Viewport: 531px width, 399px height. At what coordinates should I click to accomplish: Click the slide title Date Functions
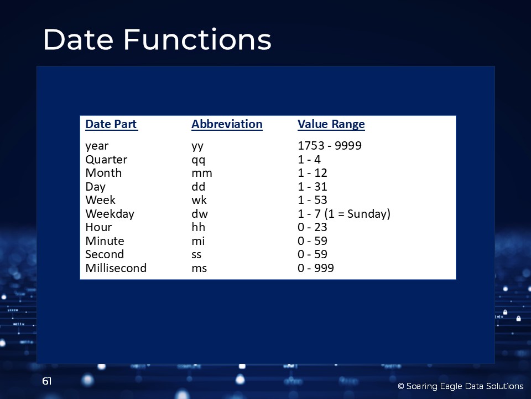pyautogui.click(x=157, y=39)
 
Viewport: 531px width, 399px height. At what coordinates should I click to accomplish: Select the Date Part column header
pyautogui.click(x=111, y=124)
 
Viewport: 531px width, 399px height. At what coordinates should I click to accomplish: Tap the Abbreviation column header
pyautogui.click(x=227, y=124)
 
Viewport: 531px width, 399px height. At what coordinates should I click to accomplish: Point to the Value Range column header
pyautogui.click(x=331, y=125)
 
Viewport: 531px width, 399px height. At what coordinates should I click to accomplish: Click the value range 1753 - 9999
pyautogui.click(x=330, y=146)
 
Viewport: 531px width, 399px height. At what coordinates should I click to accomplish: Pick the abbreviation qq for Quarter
pyautogui.click(x=199, y=160)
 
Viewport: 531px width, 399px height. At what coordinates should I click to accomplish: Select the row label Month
pyautogui.click(x=103, y=173)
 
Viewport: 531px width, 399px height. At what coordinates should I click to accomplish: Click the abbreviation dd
pyautogui.click(x=199, y=186)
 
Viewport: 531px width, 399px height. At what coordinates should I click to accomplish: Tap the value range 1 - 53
pyautogui.click(x=312, y=200)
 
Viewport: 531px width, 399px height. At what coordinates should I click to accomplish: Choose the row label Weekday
pyautogui.click(x=110, y=214)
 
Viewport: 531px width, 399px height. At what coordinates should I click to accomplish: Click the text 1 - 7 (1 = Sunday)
pyautogui.click(x=344, y=214)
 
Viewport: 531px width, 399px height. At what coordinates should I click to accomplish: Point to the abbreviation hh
pyautogui.click(x=199, y=227)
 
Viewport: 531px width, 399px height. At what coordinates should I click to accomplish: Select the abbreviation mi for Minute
pyautogui.click(x=198, y=241)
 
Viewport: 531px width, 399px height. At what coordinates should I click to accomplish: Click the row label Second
pyautogui.click(x=105, y=254)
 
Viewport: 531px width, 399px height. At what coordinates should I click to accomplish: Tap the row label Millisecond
pyautogui.click(x=116, y=268)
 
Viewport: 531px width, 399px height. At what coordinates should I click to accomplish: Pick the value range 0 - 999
pyautogui.click(x=316, y=268)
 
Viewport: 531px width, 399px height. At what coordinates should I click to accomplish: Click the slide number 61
pyautogui.click(x=46, y=381)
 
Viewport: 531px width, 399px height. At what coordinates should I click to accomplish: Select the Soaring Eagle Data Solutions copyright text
pyautogui.click(x=461, y=386)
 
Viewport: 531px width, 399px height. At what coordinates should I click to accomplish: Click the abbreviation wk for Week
pyautogui.click(x=199, y=200)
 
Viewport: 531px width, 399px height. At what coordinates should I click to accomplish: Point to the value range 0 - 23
pyautogui.click(x=312, y=227)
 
